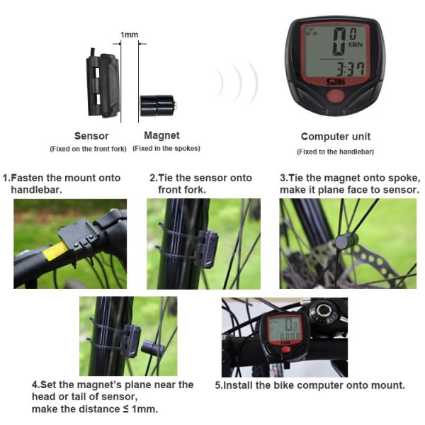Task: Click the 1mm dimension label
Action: [x=130, y=35]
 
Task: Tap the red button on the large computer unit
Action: [x=335, y=96]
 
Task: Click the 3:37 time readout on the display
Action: [x=351, y=69]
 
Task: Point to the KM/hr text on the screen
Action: [x=356, y=44]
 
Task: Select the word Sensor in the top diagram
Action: [x=91, y=136]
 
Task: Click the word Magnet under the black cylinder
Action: [x=161, y=135]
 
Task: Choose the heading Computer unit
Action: [x=336, y=136]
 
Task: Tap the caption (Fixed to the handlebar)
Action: [x=335, y=152]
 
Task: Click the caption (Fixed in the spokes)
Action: [x=166, y=148]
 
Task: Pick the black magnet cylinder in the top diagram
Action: [x=158, y=106]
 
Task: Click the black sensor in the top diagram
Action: [x=103, y=83]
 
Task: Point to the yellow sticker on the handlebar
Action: [x=55, y=251]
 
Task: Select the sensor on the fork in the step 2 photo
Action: [x=208, y=249]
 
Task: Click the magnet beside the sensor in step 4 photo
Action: [x=152, y=348]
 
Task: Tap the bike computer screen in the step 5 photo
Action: [x=284, y=329]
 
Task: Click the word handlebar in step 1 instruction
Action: [x=36, y=190]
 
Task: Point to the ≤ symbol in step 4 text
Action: [x=125, y=409]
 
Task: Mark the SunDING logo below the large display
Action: [x=336, y=82]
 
